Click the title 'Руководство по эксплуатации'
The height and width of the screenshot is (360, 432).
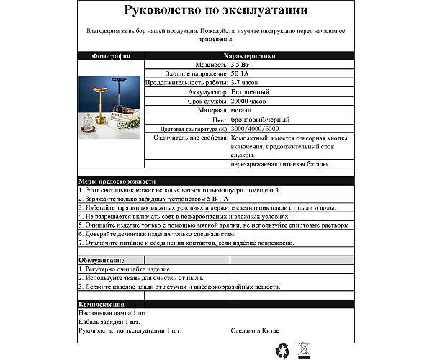[x=216, y=11]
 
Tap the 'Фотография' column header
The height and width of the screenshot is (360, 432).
[x=111, y=56]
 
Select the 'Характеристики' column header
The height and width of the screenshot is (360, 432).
[x=249, y=56]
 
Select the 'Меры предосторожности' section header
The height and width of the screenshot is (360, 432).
[x=116, y=181]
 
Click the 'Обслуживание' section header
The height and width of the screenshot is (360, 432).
[x=101, y=260]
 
